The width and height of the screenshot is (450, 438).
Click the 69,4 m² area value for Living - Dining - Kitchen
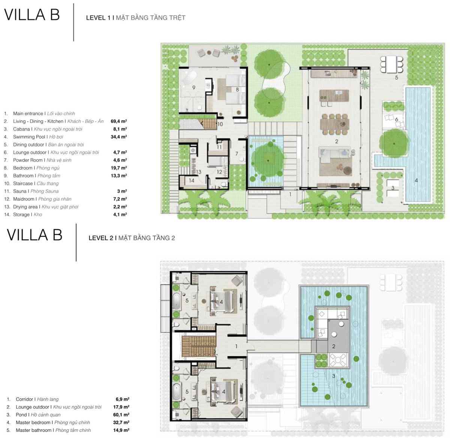118,121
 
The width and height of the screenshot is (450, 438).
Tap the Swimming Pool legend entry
38,136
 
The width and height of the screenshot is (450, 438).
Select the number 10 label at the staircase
220,124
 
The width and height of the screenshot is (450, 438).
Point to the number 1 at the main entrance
290,195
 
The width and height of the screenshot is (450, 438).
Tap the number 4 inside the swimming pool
416,180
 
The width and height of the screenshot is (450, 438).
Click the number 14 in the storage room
192,180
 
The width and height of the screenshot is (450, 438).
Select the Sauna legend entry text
36,191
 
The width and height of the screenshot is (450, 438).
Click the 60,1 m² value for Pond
121,415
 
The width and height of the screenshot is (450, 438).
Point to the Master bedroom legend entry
53,423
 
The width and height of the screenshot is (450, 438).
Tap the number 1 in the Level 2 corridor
236,346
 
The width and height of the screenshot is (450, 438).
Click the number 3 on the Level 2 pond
333,376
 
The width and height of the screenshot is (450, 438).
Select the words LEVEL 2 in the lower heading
101,238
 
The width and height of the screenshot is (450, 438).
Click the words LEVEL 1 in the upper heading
98,18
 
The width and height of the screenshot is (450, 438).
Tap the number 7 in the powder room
237,153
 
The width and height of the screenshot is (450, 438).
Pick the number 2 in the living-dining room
336,141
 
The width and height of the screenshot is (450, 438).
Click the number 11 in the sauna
219,147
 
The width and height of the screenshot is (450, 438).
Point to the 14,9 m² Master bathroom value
121,430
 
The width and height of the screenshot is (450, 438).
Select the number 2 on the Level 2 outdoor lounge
333,346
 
